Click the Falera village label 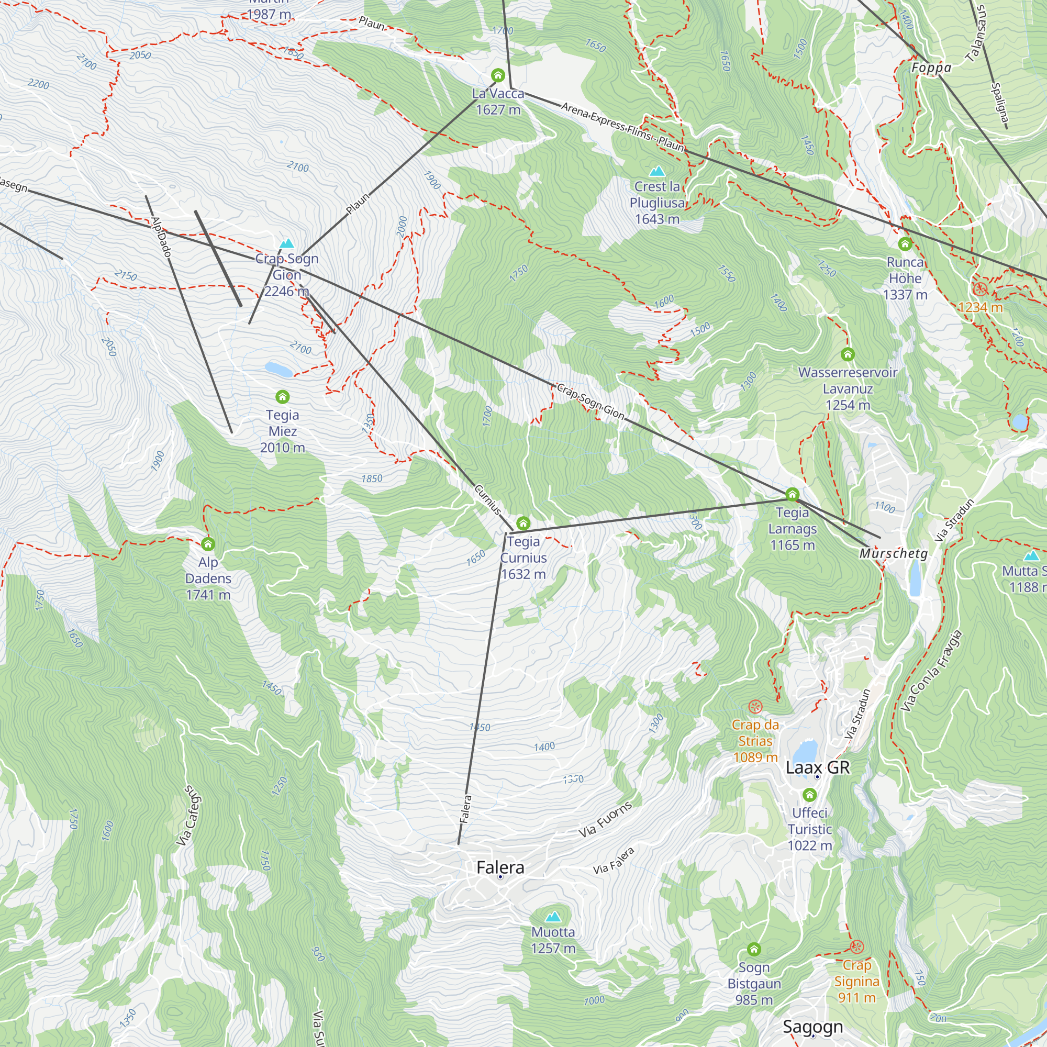pyautogui.click(x=500, y=867)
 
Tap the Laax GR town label pyautogui.click(x=818, y=767)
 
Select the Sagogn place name pyautogui.click(x=812, y=1027)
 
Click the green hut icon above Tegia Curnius pyautogui.click(x=523, y=523)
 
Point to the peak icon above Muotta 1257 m pyautogui.click(x=553, y=917)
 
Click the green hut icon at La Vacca pyautogui.click(x=497, y=75)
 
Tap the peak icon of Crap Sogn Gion pyautogui.click(x=287, y=243)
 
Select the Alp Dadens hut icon pyautogui.click(x=208, y=543)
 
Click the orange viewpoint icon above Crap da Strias pyautogui.click(x=755, y=707)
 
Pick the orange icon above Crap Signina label pyautogui.click(x=856, y=946)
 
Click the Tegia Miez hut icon pyautogui.click(x=282, y=397)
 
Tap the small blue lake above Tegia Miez pyautogui.click(x=279, y=370)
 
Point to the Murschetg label pyautogui.click(x=893, y=553)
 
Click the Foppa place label pyautogui.click(x=931, y=68)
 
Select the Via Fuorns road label pyautogui.click(x=605, y=819)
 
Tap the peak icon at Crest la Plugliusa pyautogui.click(x=658, y=171)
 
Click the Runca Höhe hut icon pyautogui.click(x=905, y=244)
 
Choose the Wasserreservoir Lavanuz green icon pyautogui.click(x=848, y=354)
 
